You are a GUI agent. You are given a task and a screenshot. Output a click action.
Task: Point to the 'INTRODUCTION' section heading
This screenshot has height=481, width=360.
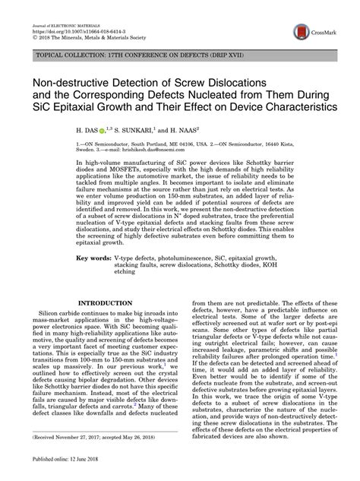point(112,303)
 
